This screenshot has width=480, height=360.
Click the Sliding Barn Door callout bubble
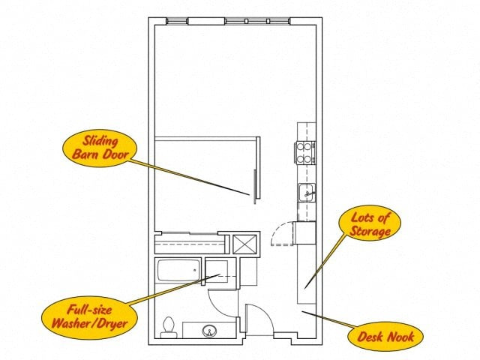coord(100,148)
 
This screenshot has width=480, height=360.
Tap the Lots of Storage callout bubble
coord(370,223)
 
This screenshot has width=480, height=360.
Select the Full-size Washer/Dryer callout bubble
coord(89,317)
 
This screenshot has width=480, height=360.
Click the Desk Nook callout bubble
coord(385,337)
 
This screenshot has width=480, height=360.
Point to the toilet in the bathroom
coord(169,327)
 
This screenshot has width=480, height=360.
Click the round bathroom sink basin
coord(209,331)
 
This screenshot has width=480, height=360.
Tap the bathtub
coord(178,270)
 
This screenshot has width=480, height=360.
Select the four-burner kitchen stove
coord(305,153)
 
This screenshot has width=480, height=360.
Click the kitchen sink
coord(307,193)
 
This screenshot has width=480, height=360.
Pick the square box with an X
coord(244,244)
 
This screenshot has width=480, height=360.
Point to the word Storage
coord(370,231)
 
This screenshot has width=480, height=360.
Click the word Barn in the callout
coord(85,154)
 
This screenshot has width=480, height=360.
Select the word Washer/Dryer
coord(89,323)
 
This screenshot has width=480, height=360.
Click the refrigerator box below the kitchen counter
coord(304,233)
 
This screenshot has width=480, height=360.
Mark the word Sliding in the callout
coord(100,141)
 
